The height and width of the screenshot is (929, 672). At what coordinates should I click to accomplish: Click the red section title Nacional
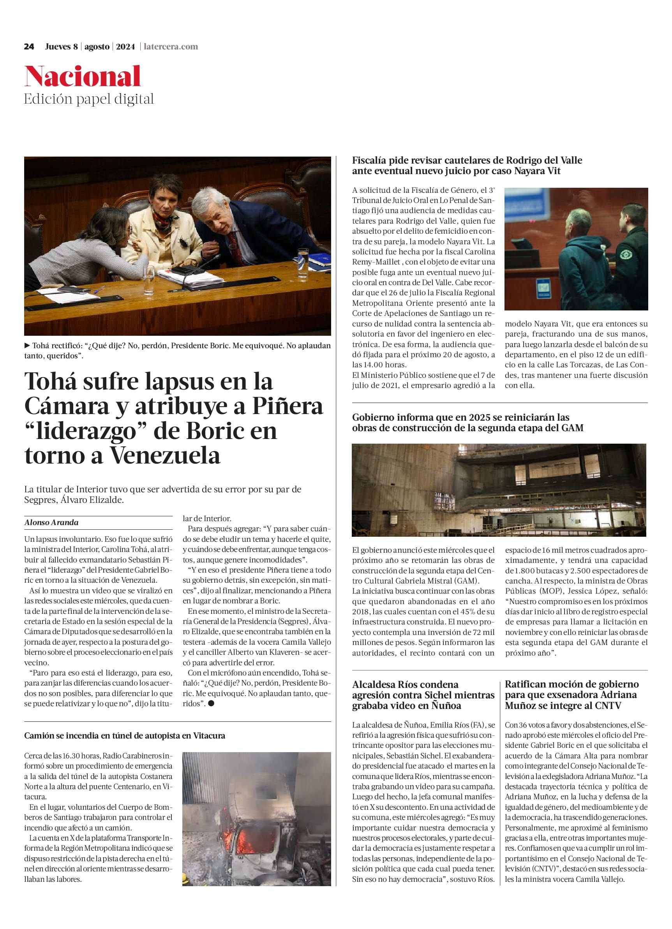point(82,77)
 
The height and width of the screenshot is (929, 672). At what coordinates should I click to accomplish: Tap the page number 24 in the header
point(29,47)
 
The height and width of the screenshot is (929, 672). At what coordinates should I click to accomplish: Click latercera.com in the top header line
point(171,47)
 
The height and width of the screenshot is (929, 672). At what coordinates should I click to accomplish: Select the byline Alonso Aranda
point(51,523)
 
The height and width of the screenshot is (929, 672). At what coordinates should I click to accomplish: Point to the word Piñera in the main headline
point(287,406)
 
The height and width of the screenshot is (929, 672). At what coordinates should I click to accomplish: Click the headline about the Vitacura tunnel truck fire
point(125,736)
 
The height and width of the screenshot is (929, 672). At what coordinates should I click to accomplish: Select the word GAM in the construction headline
point(572,428)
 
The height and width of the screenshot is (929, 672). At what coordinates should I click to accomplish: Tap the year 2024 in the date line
point(125,47)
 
